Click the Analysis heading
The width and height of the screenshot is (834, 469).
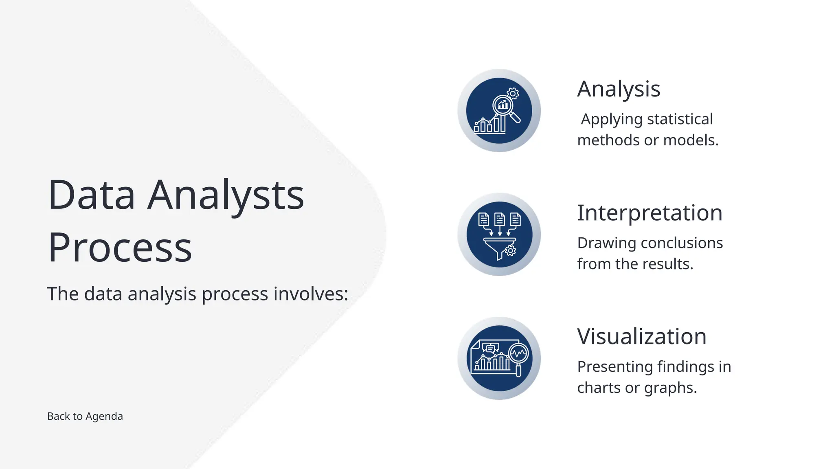pos(618,89)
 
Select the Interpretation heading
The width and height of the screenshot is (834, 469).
pos(650,213)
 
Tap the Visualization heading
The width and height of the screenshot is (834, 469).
pos(641,337)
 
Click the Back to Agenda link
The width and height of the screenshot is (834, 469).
pos(85,416)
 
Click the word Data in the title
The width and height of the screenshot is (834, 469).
pos(91,195)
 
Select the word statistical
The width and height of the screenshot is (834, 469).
pos(680,119)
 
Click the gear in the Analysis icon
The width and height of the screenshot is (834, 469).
pos(513,94)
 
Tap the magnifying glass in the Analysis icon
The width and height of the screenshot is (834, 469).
pos(505,107)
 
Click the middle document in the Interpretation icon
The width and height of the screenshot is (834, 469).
pos(499,219)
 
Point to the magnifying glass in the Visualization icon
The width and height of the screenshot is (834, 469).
pos(519,356)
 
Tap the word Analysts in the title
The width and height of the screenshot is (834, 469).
pos(226,195)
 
